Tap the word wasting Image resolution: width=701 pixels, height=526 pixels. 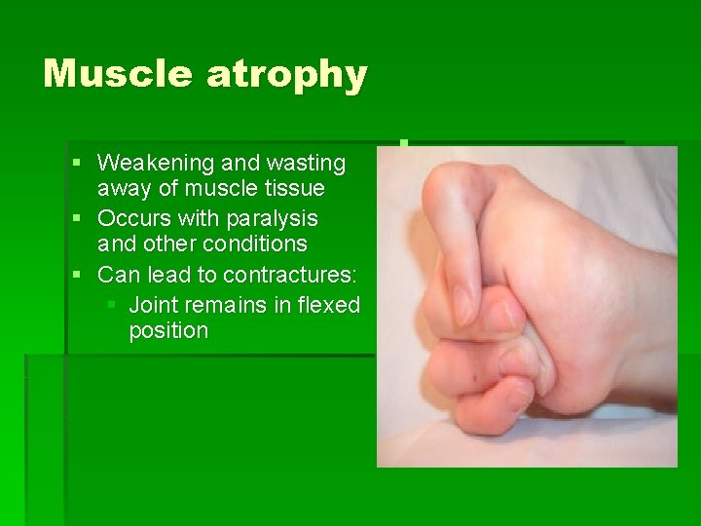304,162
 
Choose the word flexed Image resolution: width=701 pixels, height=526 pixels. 329,305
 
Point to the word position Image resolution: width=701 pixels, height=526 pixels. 168,331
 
